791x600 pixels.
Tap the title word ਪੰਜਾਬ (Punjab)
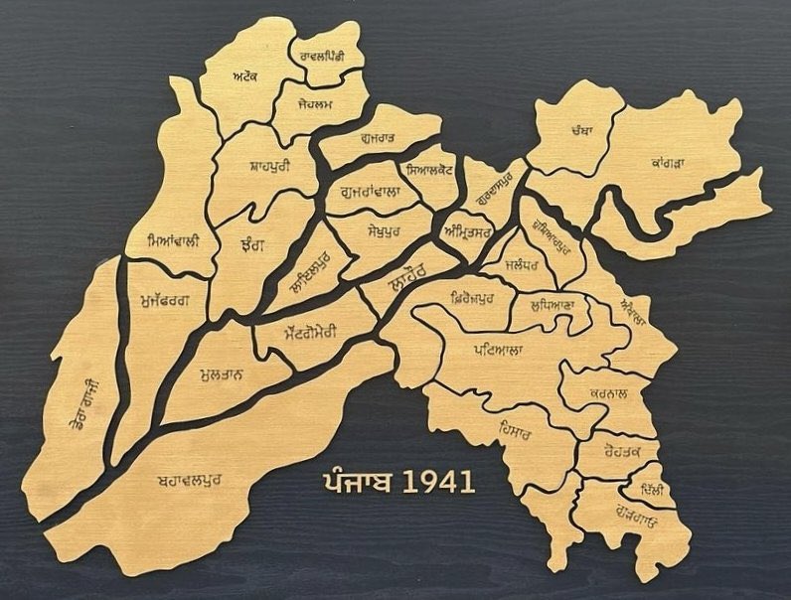click(x=359, y=483)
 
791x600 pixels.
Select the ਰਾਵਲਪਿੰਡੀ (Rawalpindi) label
click(x=322, y=58)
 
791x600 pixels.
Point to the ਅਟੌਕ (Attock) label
click(x=244, y=77)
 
